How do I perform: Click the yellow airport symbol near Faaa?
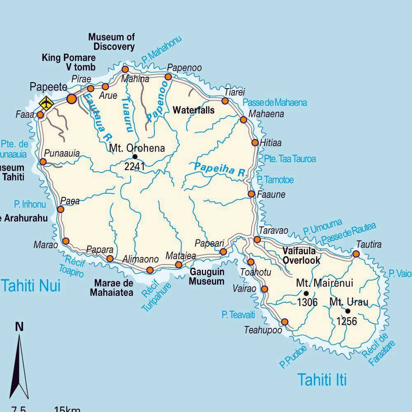point(46,103)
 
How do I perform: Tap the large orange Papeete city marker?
point(72,98)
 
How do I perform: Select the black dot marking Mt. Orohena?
point(135,157)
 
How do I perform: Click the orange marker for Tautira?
point(356,254)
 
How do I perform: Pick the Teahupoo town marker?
point(284,322)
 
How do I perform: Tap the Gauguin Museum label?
point(207,277)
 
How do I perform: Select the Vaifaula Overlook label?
point(301,255)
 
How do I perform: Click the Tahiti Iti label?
point(322,379)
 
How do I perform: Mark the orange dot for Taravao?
point(257,239)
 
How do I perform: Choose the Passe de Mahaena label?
point(274,103)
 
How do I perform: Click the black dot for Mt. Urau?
point(348,311)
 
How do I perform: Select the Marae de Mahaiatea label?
point(114,288)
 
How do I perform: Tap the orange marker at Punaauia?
point(43,162)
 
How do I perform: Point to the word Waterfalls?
point(194,110)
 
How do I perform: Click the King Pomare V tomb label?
point(68,62)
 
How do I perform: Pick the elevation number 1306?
point(307,302)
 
